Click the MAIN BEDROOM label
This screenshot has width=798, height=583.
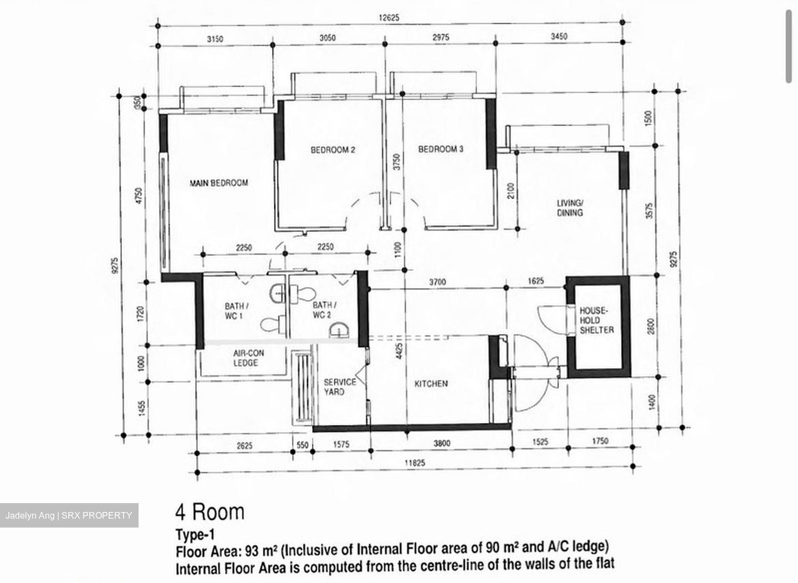(x=219, y=183)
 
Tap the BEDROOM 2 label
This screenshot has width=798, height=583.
(x=332, y=150)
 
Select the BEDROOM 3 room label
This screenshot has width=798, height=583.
(x=441, y=149)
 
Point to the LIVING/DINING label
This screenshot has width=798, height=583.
(x=570, y=208)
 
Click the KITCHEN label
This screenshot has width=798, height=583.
(x=431, y=384)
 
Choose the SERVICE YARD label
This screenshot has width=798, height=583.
(x=340, y=387)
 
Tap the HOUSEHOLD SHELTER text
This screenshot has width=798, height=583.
(x=597, y=320)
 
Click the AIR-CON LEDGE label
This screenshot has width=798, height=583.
(x=248, y=358)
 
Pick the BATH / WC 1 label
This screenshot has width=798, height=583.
(x=236, y=311)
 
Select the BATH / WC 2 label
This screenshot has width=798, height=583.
(x=324, y=310)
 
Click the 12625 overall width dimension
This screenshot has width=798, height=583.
(x=388, y=17)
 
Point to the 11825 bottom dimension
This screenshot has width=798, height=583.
(x=415, y=463)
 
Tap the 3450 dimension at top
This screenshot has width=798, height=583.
(x=559, y=36)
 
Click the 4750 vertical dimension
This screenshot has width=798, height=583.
(x=139, y=196)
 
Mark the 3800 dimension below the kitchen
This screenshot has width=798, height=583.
(x=442, y=443)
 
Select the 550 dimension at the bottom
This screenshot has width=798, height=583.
(x=303, y=445)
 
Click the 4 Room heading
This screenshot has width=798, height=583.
(x=210, y=512)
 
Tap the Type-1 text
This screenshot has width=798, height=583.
(x=195, y=535)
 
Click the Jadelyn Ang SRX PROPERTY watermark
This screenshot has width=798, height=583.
(x=69, y=515)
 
